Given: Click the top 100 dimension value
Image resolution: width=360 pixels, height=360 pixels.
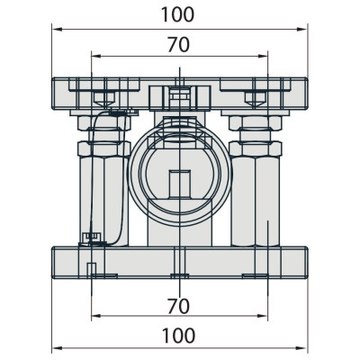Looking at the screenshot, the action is click(x=178, y=14).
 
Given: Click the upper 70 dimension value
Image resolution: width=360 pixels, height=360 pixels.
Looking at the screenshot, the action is click(x=178, y=45).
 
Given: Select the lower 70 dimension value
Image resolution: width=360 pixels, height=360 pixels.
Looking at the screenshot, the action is click(x=178, y=306).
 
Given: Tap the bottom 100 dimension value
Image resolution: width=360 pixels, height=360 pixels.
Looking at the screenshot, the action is click(x=178, y=336).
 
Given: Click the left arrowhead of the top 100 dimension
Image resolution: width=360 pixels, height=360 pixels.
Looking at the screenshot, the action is click(x=57, y=30).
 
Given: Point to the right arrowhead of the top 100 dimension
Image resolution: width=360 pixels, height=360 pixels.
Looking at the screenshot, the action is click(x=302, y=30).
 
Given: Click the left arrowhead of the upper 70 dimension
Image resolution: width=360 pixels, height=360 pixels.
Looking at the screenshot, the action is click(x=96, y=56).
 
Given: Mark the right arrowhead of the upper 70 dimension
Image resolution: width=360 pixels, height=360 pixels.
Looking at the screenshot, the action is click(x=262, y=56).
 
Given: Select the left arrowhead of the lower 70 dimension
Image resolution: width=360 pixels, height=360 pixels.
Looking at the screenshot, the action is click(x=96, y=316).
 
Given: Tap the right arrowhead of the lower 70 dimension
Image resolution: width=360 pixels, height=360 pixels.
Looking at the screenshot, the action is click(x=262, y=316).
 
